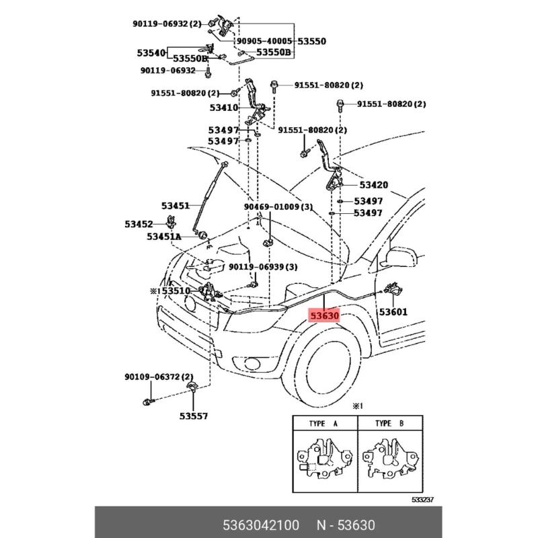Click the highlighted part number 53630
(x=323, y=314)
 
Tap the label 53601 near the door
(x=393, y=312)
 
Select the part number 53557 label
(x=194, y=416)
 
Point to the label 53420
(x=373, y=185)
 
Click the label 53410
(x=223, y=107)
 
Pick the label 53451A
(x=164, y=237)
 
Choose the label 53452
(x=139, y=223)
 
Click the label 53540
(x=151, y=52)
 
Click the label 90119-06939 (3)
(x=263, y=267)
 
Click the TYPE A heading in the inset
(x=323, y=424)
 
